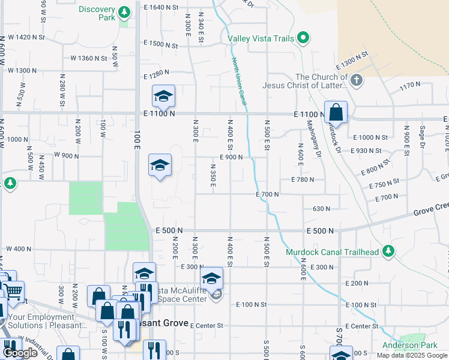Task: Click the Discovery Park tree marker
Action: (124, 12)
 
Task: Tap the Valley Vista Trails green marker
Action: (304, 39)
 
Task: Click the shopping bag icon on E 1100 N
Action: (336, 112)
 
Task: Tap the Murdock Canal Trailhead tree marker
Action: (389, 251)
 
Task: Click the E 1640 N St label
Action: (162, 7)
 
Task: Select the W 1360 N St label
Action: (90, 58)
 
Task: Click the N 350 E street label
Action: (213, 175)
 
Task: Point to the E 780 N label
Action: (303, 179)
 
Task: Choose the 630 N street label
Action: (321, 208)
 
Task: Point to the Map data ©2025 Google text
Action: (412, 355)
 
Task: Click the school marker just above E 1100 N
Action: (163, 96)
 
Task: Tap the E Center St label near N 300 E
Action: (206, 325)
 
